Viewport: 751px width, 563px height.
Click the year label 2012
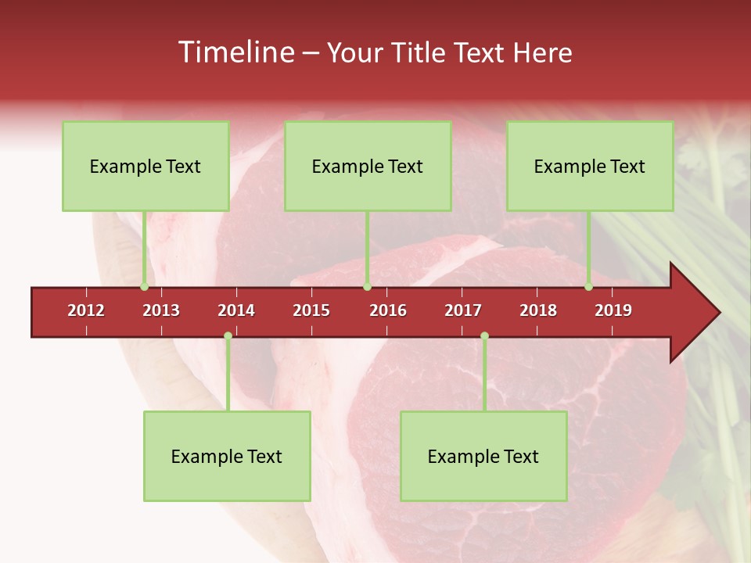pos(86,310)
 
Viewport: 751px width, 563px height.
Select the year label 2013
pos(161,310)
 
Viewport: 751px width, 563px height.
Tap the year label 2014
pos(236,310)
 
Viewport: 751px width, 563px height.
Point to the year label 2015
pos(311,310)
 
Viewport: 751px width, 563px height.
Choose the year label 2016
pos(388,310)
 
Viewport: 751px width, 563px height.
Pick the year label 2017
pos(463,310)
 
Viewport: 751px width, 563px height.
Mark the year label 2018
pos(538,310)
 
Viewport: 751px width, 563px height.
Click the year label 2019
pos(613,310)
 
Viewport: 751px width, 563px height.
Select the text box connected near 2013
pos(146,166)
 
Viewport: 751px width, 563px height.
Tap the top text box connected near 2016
pos(368,166)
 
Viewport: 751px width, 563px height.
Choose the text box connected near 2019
pos(590,166)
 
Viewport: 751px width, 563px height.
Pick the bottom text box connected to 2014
pos(227,456)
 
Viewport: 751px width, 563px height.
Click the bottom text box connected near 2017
pos(483,456)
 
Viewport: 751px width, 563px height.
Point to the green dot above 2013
pos(145,287)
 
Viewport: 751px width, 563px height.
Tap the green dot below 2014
pos(228,336)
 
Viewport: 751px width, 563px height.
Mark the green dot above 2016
pos(367,287)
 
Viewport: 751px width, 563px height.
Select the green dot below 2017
pos(484,336)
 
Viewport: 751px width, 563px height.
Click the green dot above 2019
pos(589,287)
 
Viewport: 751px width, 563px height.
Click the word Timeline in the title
pos(235,52)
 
